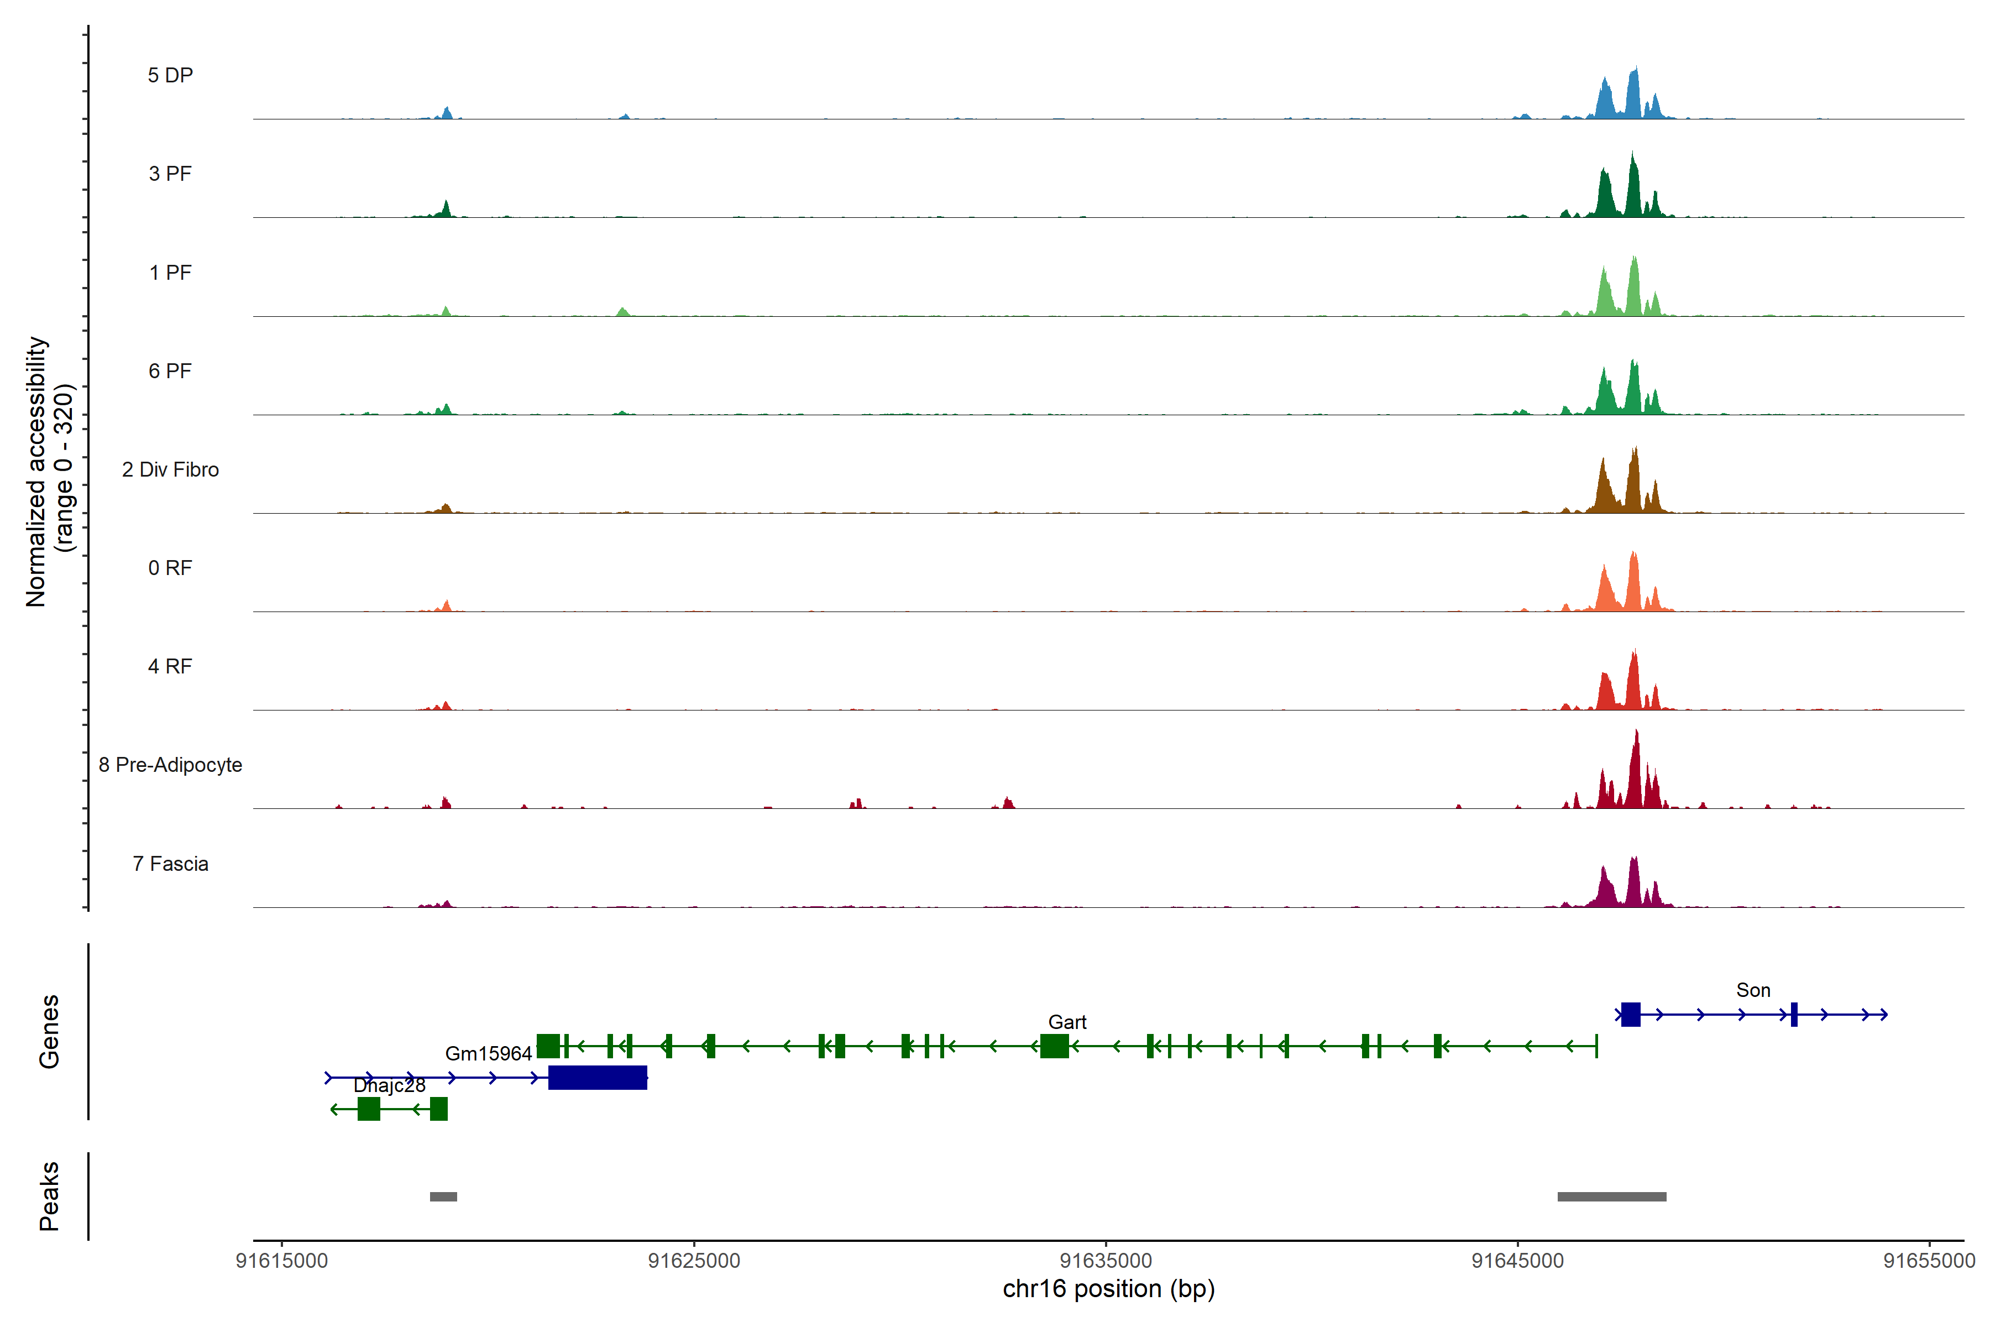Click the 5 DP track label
coord(170,75)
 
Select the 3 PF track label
coord(170,174)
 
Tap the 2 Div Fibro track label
coord(170,469)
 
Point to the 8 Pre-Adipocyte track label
coord(170,765)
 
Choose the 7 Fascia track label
coord(170,864)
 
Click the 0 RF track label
coord(170,568)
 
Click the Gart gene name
coord(1067,1022)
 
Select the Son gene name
coord(1753,990)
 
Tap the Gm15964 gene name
coord(488,1054)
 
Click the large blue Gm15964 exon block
coord(598,1077)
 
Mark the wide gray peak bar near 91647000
coord(1612,1197)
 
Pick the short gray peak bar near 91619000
coord(443,1197)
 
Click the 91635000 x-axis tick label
coord(1106,1261)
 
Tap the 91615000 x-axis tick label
coord(282,1261)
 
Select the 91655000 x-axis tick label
coord(1929,1261)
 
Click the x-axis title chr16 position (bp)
coord(1108,1289)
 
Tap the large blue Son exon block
coord(1630,1014)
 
